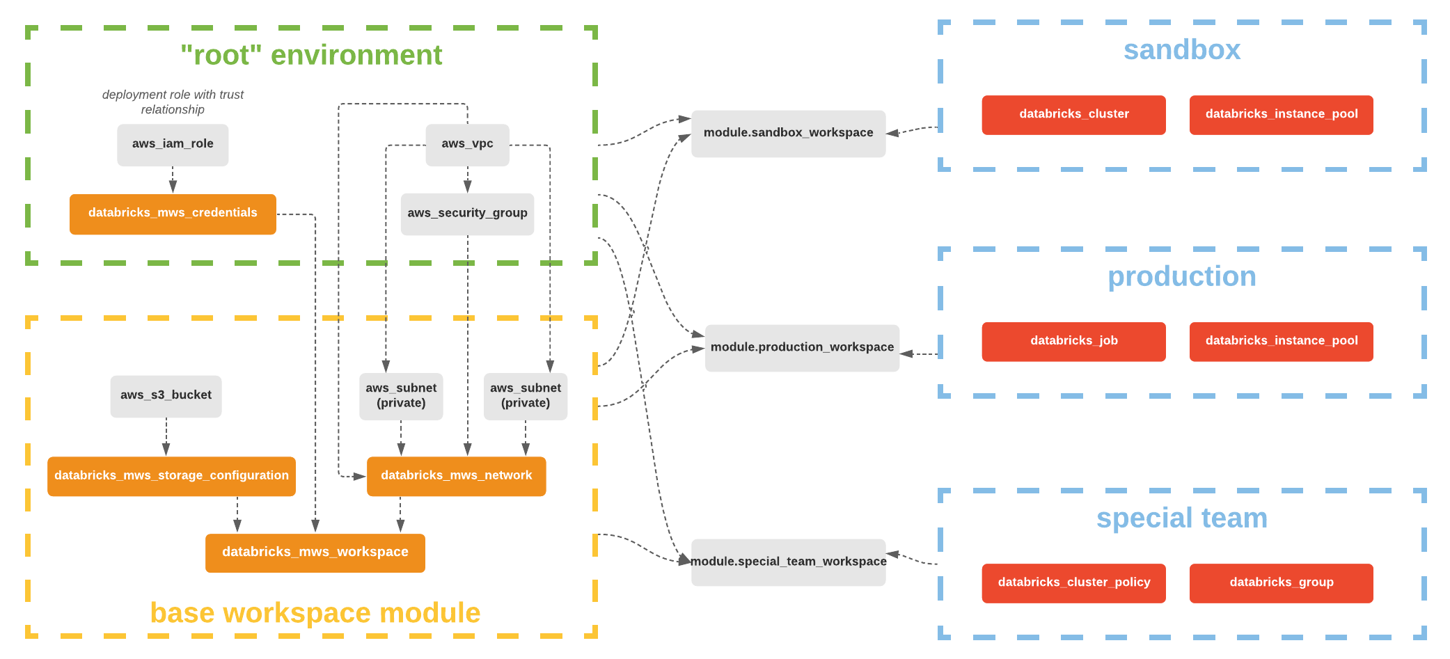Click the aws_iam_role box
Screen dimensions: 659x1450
click(173, 145)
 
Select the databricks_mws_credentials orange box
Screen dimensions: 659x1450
click(173, 214)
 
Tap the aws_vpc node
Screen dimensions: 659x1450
click(467, 145)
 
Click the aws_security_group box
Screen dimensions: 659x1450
click(467, 214)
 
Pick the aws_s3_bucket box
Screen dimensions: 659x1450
click(166, 396)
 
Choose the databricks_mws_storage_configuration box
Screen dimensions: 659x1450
click(171, 476)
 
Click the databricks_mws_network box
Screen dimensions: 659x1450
click(456, 476)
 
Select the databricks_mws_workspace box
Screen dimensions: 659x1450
click(315, 553)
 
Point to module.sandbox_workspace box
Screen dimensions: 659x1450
click(788, 133)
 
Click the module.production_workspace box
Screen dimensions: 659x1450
click(802, 347)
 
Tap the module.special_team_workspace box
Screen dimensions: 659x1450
click(788, 562)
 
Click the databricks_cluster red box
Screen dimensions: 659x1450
click(1073, 115)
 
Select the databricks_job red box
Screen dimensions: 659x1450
click(1073, 341)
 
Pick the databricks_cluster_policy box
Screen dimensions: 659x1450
click(1073, 582)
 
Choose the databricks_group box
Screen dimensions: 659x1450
click(1281, 582)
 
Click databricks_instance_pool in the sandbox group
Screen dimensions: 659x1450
click(1281, 115)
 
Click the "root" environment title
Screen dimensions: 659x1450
click(311, 55)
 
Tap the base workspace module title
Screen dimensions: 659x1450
click(315, 613)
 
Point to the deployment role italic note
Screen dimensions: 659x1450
click(173, 102)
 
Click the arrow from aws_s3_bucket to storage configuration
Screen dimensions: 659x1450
click(166, 437)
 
